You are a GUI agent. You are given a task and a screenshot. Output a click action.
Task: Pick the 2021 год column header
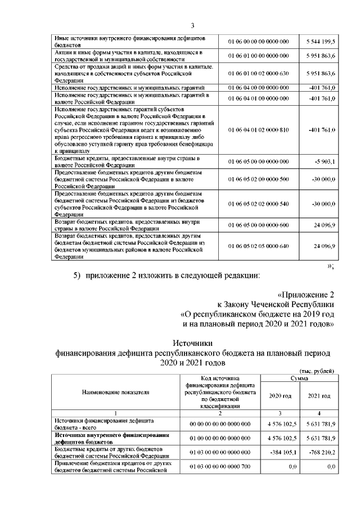coord(319,396)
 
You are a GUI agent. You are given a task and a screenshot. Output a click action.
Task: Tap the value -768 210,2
coord(321,451)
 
